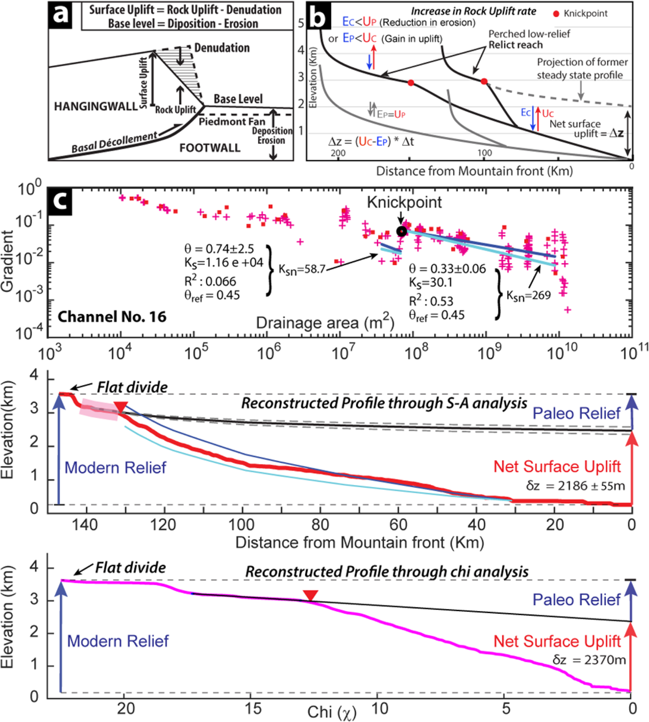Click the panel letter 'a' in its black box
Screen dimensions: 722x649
click(60, 14)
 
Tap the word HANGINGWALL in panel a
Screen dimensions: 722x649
click(96, 106)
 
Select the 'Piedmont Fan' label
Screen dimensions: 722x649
click(232, 121)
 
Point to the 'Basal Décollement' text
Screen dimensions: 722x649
click(114, 142)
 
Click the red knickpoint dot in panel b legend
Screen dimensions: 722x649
click(556, 14)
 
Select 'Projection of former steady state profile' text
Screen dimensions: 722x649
click(582, 68)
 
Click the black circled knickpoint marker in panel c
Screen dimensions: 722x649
click(401, 231)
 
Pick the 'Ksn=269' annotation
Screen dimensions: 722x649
click(528, 295)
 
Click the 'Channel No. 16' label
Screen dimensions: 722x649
click(112, 317)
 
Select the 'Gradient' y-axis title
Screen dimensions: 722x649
click(7, 261)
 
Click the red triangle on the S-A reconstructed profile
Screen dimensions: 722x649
click(120, 407)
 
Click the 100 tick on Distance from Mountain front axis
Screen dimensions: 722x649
click(242, 524)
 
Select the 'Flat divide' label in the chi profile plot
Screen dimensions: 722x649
click(130, 567)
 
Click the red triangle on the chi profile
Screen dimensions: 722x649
click(310, 595)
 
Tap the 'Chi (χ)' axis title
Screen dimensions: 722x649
click(332, 712)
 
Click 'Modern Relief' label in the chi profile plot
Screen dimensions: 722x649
click(118, 641)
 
